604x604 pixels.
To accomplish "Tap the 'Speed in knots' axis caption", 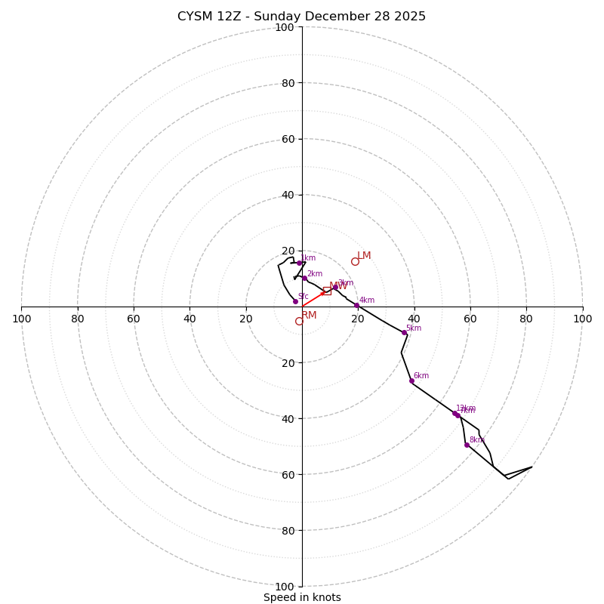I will [302, 597].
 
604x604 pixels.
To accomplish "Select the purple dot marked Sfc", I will [295, 301].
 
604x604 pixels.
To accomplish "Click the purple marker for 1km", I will [299, 263].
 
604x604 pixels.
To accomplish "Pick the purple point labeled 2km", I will [304, 278].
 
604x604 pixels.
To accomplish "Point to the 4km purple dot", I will [356, 305].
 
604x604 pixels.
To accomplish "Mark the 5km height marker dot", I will [404, 332].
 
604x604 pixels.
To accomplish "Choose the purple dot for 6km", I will [411, 381].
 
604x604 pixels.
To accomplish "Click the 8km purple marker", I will [467, 445].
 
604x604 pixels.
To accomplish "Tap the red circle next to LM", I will [355, 262].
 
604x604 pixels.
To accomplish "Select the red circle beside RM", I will [299, 321].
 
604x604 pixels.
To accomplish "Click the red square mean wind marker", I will [327, 291].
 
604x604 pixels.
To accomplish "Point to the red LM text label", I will [364, 256].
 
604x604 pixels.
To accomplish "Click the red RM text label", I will [309, 316].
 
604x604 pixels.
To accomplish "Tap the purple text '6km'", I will [421, 376].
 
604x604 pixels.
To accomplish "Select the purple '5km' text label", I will [413, 328].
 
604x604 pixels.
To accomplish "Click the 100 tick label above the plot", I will [284, 27].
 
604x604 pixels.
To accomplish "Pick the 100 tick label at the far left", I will [21, 319].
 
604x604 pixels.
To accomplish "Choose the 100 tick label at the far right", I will [582, 319].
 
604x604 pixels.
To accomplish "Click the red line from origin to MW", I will [313, 299].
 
